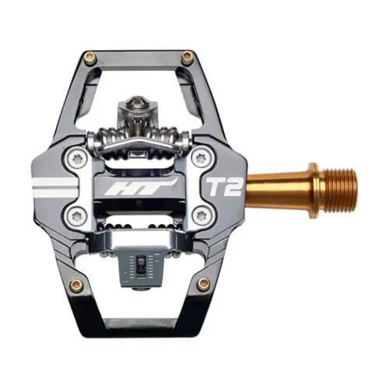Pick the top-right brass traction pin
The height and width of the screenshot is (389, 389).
point(187,56)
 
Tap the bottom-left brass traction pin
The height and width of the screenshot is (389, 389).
point(78,285)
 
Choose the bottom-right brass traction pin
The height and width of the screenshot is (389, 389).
point(203,284)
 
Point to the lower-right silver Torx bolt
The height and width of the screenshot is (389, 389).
point(202,215)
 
